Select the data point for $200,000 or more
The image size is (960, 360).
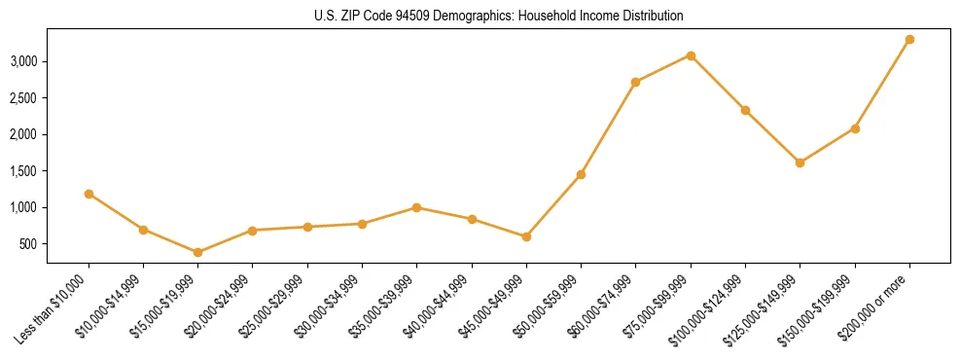(909, 40)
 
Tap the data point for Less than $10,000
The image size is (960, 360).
(89, 194)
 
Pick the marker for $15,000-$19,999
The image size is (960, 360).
(198, 252)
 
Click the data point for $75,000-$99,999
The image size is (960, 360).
(691, 55)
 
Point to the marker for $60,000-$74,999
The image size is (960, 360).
(636, 82)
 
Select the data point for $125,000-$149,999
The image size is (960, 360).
(800, 162)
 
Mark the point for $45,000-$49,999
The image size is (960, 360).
(526, 236)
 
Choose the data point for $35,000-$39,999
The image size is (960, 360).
(416, 207)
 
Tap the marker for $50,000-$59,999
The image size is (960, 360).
(581, 174)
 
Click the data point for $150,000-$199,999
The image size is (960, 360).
(855, 128)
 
